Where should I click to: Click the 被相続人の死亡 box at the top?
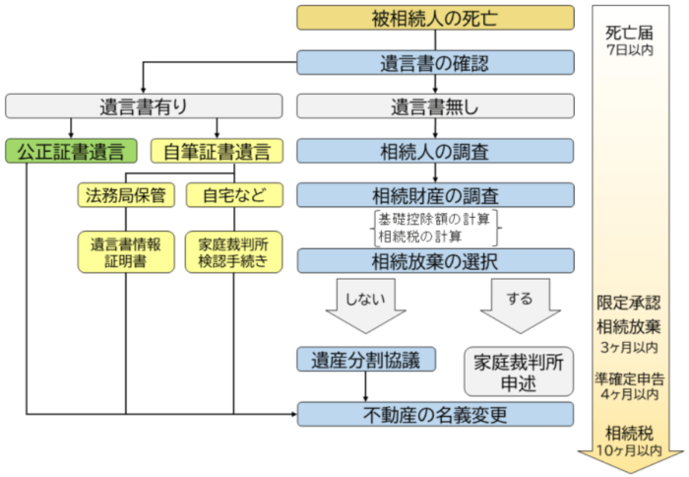[x=435, y=18]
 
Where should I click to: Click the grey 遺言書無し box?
[x=435, y=106]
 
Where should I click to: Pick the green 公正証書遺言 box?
[x=71, y=151]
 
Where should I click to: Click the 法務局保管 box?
[x=126, y=194]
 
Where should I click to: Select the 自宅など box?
[x=233, y=194]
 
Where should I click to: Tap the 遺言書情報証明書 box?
[x=126, y=252]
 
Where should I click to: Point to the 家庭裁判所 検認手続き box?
[x=234, y=252]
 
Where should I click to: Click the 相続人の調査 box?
[x=435, y=151]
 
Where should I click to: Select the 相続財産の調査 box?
[x=435, y=194]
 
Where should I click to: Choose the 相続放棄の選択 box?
[x=435, y=261]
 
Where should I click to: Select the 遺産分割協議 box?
[x=365, y=360]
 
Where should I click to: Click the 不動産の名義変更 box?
[x=435, y=414]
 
